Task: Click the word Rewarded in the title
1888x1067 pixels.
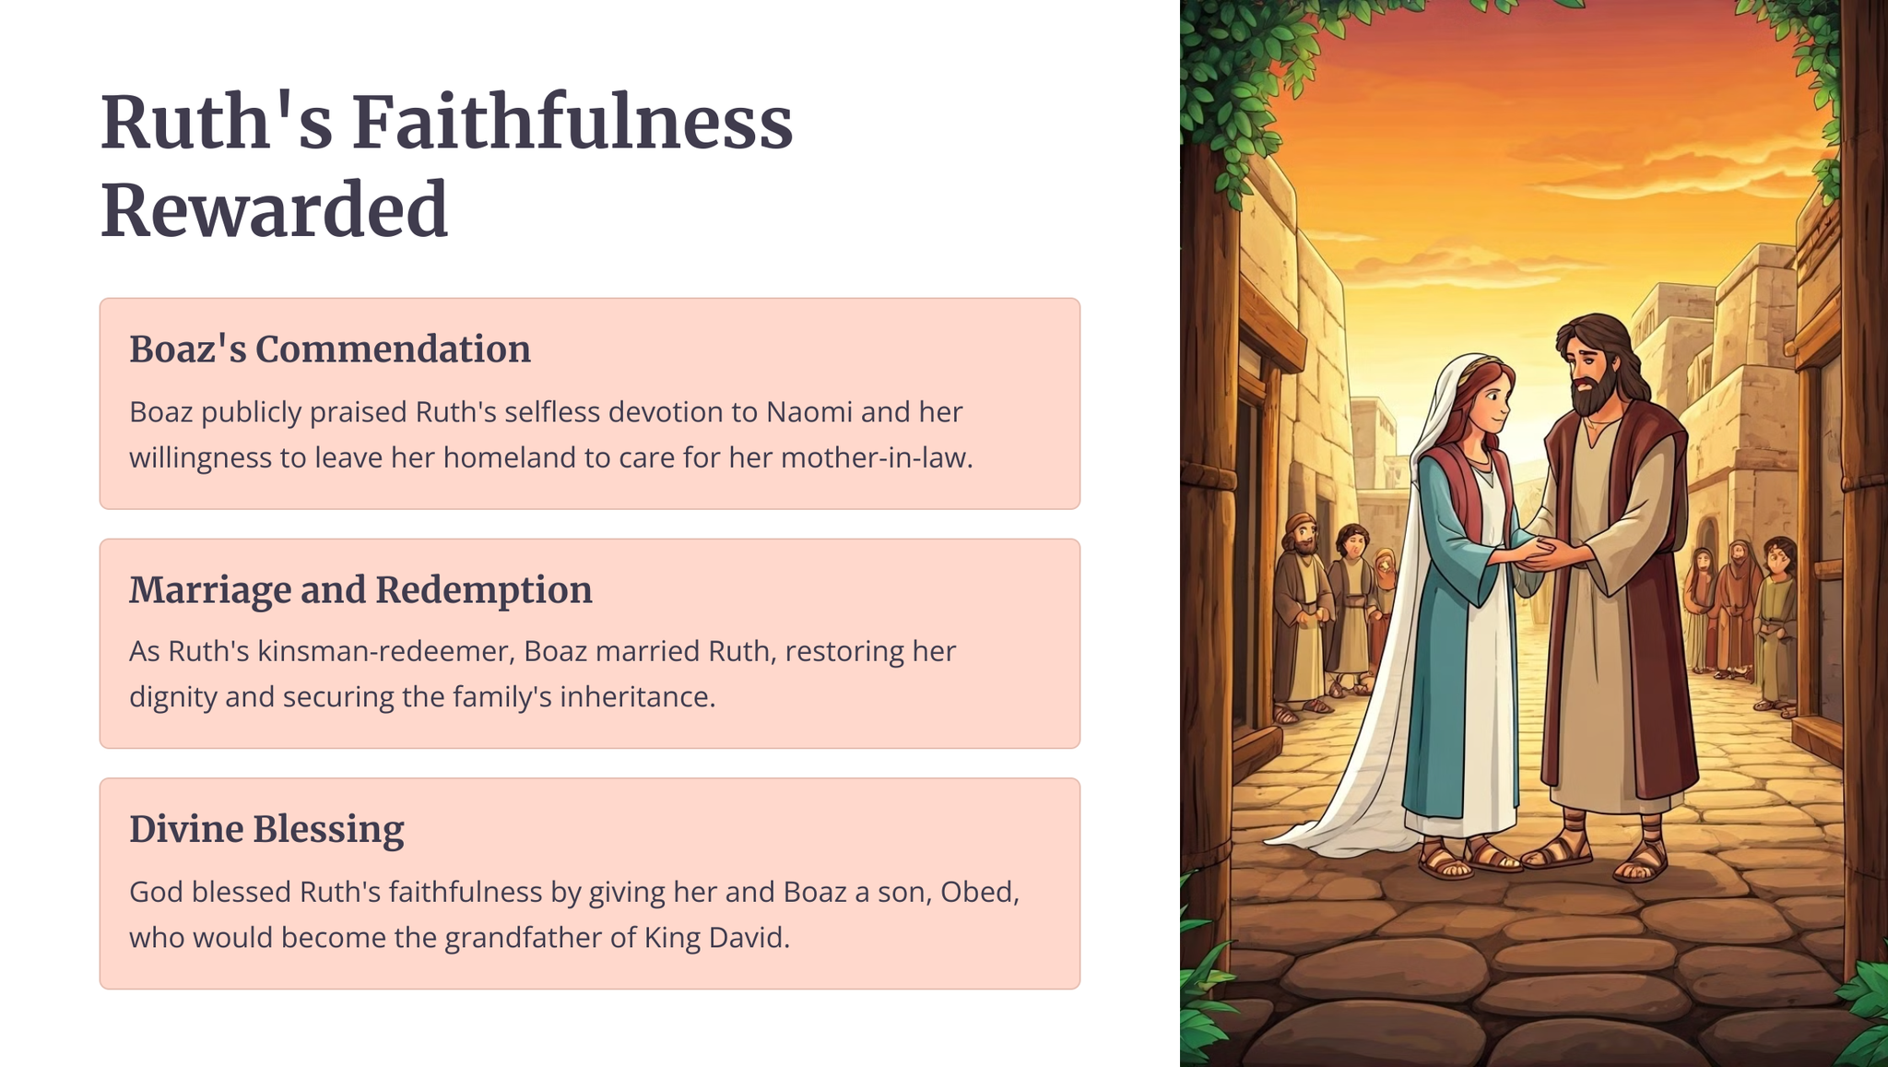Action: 274,210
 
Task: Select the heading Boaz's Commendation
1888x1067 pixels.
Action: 330,350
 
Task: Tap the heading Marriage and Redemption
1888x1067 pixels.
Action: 360,590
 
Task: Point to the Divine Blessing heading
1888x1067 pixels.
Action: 266,829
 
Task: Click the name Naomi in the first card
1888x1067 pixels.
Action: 808,411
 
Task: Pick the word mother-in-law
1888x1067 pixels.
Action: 877,457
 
